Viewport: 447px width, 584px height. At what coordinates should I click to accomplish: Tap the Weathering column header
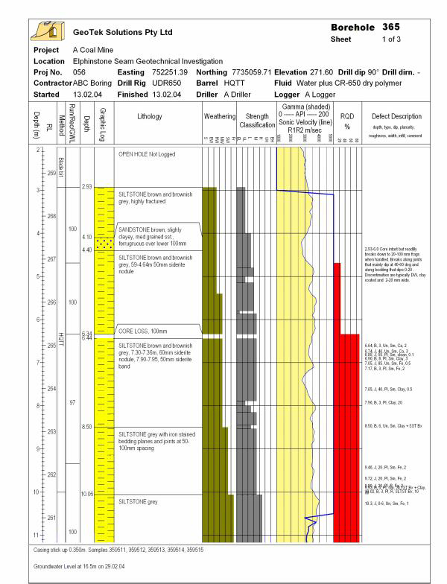click(x=219, y=117)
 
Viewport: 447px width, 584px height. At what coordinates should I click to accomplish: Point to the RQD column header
click(x=346, y=121)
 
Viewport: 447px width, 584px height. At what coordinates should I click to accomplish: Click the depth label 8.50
click(x=86, y=426)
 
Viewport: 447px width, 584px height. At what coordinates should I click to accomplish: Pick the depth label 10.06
click(x=86, y=493)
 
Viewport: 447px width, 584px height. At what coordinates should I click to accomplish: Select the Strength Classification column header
click(x=257, y=121)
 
